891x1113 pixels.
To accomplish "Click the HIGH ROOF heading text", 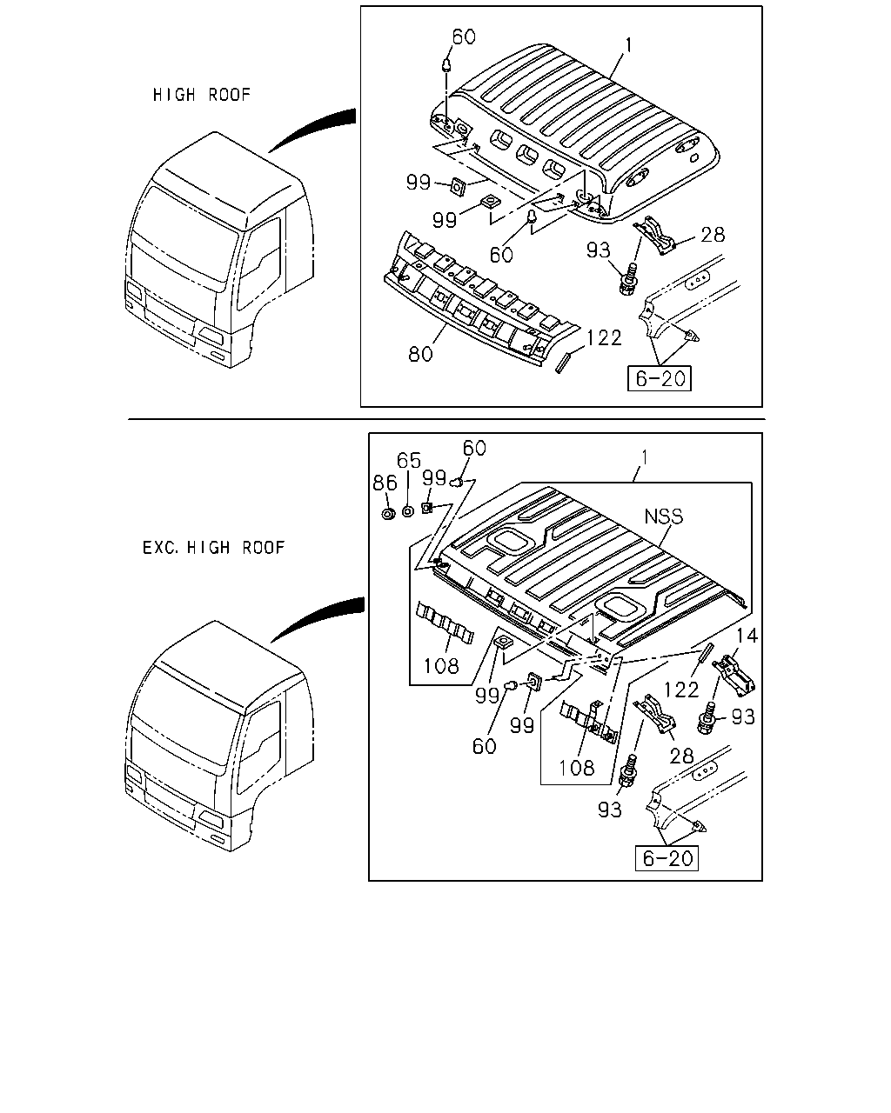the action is (x=201, y=95).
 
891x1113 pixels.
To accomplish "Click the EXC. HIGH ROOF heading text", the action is (x=213, y=548).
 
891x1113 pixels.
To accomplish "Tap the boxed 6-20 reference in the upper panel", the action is (x=659, y=378).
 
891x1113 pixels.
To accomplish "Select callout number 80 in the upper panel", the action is (x=420, y=354).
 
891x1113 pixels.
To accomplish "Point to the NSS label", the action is (x=664, y=517).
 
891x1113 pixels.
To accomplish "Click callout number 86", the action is (x=385, y=483).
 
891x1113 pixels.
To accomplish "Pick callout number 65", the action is (x=409, y=460).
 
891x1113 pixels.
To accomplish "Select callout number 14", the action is (x=747, y=636).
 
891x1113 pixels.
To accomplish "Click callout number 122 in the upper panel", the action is (x=604, y=338).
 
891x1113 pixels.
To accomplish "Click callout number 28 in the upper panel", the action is (x=713, y=235).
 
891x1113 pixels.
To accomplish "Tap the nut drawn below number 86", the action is (x=388, y=514).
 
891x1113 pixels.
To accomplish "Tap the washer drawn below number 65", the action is (x=408, y=511).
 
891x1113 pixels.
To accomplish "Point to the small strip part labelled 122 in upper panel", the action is (x=562, y=362).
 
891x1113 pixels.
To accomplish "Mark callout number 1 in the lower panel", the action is (x=645, y=457).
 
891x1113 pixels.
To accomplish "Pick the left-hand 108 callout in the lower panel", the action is (x=441, y=666).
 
